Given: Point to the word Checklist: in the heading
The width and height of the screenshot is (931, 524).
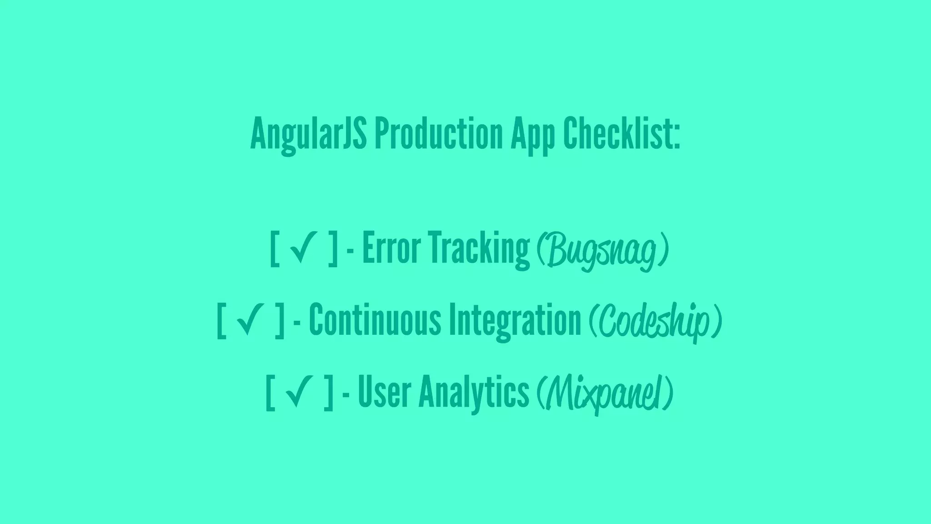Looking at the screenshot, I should point(621,134).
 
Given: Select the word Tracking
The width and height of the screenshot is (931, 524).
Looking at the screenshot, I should point(480,249).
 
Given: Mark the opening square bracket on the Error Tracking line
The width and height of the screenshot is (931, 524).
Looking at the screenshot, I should point(274,249).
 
